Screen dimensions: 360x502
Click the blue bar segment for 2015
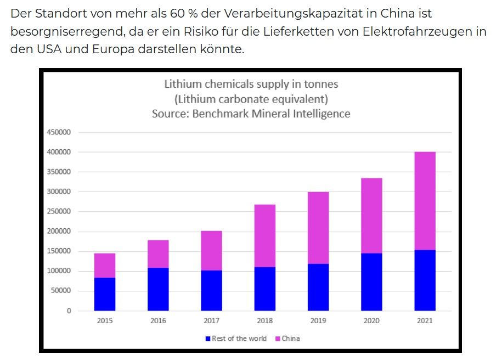coord(105,294)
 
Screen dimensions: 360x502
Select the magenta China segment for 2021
coord(425,201)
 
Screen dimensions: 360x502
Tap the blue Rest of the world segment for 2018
coord(265,289)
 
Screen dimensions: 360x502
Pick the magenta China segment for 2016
coord(158,254)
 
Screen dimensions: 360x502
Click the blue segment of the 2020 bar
coord(371,282)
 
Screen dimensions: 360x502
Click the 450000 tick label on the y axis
coord(60,132)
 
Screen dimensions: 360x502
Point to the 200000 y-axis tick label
coord(60,232)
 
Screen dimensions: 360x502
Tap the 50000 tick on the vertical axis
coord(62,291)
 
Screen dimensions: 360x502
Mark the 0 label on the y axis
coord(69,311)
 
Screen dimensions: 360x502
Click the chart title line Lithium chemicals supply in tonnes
coord(251,85)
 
